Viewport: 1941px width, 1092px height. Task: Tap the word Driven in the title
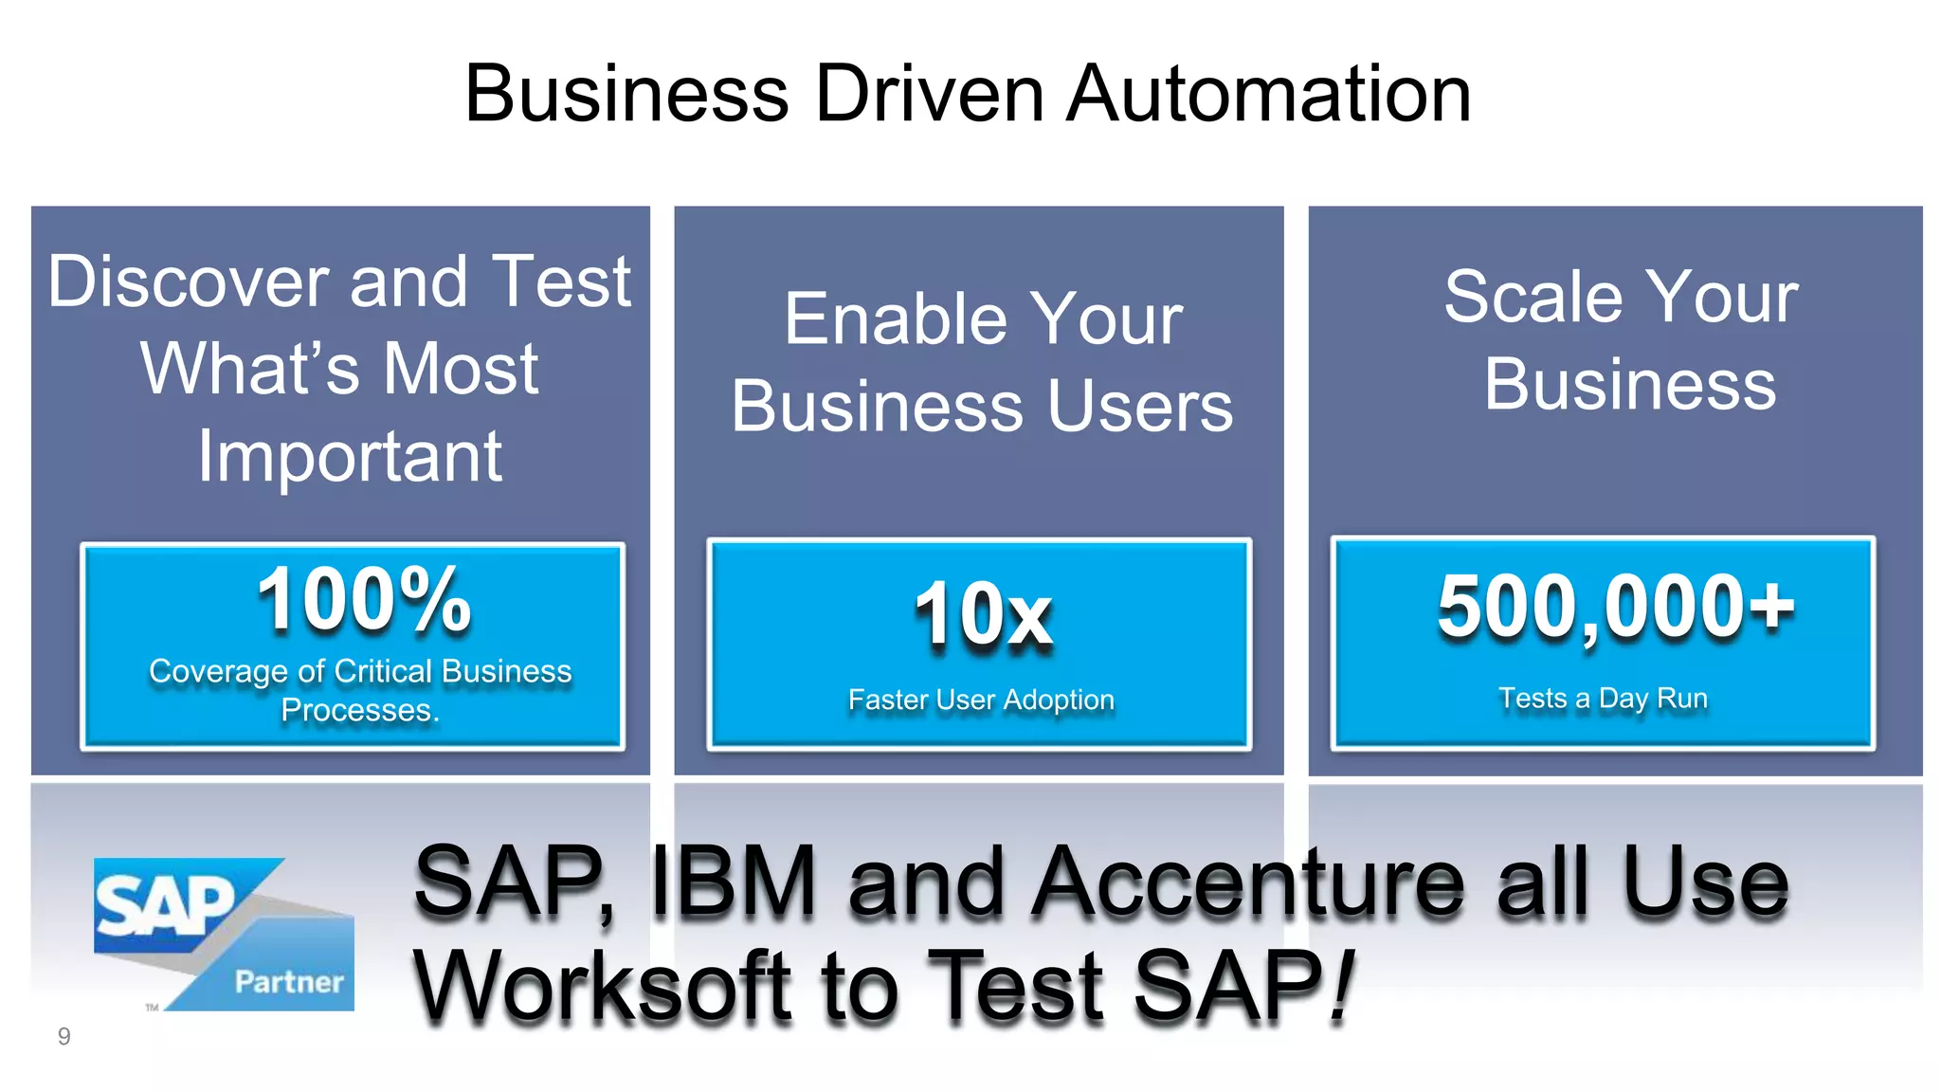coord(929,94)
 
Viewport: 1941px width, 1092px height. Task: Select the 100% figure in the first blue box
coord(364,600)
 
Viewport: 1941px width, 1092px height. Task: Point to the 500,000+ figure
coord(1615,607)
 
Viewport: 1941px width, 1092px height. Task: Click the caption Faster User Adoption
coord(981,700)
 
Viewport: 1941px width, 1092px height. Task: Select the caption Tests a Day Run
coord(1603,699)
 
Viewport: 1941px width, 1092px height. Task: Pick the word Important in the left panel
coord(350,457)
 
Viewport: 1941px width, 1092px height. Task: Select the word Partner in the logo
coord(289,982)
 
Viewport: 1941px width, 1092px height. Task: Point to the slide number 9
coord(63,1036)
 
